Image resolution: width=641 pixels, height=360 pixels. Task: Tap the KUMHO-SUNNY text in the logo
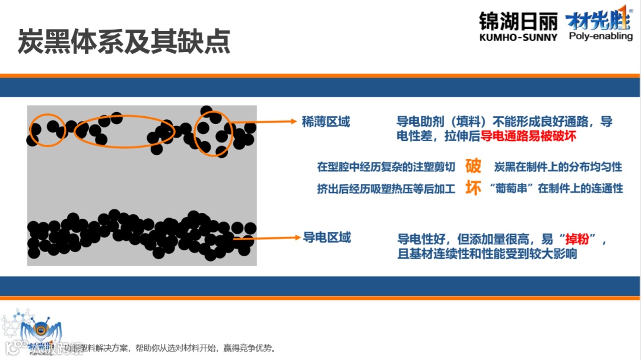point(518,37)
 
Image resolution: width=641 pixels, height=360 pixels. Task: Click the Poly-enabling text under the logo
point(600,36)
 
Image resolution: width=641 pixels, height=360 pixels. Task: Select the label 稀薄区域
point(326,122)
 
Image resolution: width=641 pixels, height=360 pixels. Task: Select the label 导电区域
point(327,238)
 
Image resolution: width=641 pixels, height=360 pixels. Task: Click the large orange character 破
point(473,165)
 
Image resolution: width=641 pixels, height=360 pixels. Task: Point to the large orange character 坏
point(473,188)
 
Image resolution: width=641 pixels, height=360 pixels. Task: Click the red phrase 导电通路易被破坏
point(528,136)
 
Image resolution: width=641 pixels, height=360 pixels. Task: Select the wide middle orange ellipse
point(125,130)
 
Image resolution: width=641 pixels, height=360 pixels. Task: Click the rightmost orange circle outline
point(213,133)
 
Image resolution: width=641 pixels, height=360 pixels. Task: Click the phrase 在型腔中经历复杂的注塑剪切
point(386,167)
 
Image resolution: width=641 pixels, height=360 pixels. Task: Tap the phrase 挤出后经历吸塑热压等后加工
point(386,189)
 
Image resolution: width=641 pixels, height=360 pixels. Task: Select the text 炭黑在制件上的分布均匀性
point(558,167)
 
